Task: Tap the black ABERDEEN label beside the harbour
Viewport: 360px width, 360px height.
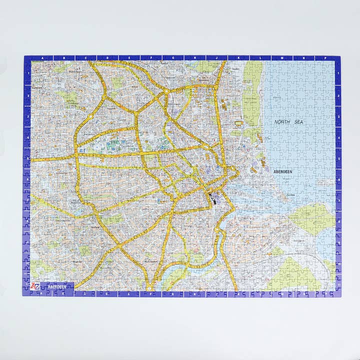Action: click(283, 171)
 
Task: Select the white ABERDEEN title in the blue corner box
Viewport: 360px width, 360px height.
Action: click(57, 287)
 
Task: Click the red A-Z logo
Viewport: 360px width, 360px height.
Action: click(35, 286)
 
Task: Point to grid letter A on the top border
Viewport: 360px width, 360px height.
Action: click(42, 58)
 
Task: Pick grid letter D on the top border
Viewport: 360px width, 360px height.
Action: click(107, 58)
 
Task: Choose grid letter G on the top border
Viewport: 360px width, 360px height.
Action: click(173, 58)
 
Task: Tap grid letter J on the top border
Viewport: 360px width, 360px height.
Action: click(217, 58)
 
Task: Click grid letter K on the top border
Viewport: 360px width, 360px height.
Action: click(238, 58)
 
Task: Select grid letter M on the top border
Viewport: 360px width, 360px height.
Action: click(282, 58)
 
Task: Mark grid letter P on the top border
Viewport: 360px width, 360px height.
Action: click(325, 58)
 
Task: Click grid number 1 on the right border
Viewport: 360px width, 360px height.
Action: click(338, 74)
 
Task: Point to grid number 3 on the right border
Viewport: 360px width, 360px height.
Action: click(338, 118)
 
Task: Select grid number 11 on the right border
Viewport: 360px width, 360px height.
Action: click(338, 284)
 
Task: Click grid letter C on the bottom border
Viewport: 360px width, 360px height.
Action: click(85, 294)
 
